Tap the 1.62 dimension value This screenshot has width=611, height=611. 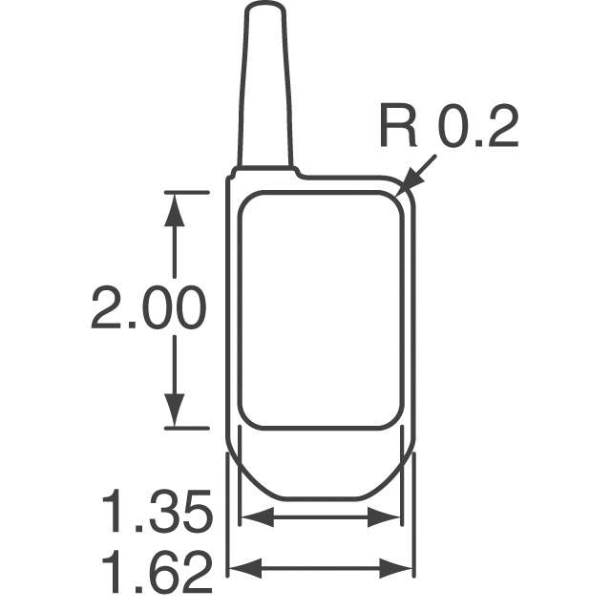click(156, 574)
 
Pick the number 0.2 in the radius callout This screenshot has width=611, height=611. click(474, 128)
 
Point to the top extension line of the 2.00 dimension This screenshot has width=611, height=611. click(186, 192)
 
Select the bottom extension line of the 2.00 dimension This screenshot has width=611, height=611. click(186, 428)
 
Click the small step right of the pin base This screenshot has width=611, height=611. click(299, 174)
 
